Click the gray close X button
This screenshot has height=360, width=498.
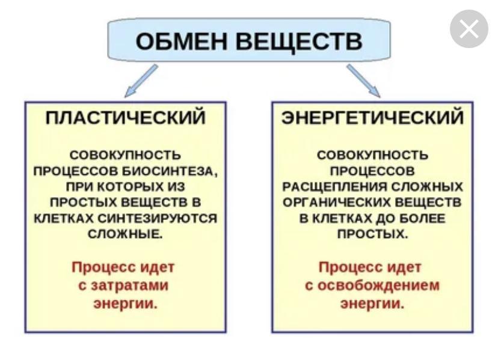pyautogui.click(x=469, y=29)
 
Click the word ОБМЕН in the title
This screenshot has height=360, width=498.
pyautogui.click(x=182, y=41)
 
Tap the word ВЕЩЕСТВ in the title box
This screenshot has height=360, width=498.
pyautogui.click(x=299, y=41)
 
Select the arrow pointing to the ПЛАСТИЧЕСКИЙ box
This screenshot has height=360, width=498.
pyautogui.click(x=141, y=81)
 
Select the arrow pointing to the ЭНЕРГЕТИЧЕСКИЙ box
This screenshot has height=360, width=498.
pyautogui.click(x=363, y=81)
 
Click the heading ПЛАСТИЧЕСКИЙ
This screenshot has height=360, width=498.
pyautogui.click(x=126, y=118)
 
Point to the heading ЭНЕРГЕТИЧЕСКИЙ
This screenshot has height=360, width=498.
pyautogui.click(x=372, y=118)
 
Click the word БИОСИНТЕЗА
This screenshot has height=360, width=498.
pyautogui.click(x=170, y=171)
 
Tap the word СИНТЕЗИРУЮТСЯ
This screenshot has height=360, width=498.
pyautogui.click(x=158, y=219)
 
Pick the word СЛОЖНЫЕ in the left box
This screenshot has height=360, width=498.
pyautogui.click(x=125, y=234)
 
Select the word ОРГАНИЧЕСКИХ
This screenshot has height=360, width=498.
pyautogui.click(x=337, y=203)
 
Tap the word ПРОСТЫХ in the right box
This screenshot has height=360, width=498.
pyautogui.click(x=372, y=234)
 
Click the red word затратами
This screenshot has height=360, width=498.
pyautogui.click(x=129, y=285)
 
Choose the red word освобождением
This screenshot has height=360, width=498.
pyautogui.click(x=378, y=285)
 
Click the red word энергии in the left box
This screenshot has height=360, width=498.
pyautogui.click(x=126, y=304)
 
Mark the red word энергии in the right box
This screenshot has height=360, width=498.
pyautogui.click(x=372, y=304)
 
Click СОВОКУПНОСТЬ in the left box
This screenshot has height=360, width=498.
pyautogui.click(x=125, y=156)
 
